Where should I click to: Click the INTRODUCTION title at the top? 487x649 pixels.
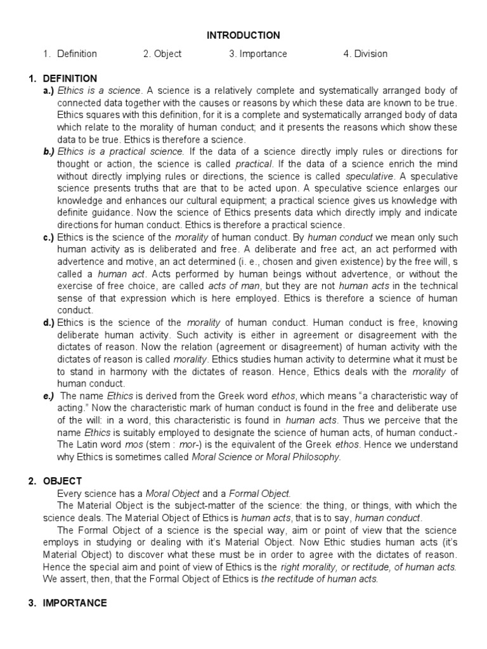243,35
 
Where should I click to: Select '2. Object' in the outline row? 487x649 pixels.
162,54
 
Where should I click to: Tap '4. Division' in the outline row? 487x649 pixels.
365,54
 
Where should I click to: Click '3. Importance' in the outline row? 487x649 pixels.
258,54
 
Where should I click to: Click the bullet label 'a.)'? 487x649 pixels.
49,91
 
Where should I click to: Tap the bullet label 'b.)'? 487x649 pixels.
49,151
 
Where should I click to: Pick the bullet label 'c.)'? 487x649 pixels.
49,238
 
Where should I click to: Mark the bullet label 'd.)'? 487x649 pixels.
49,323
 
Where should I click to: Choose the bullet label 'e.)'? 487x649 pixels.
49,396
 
